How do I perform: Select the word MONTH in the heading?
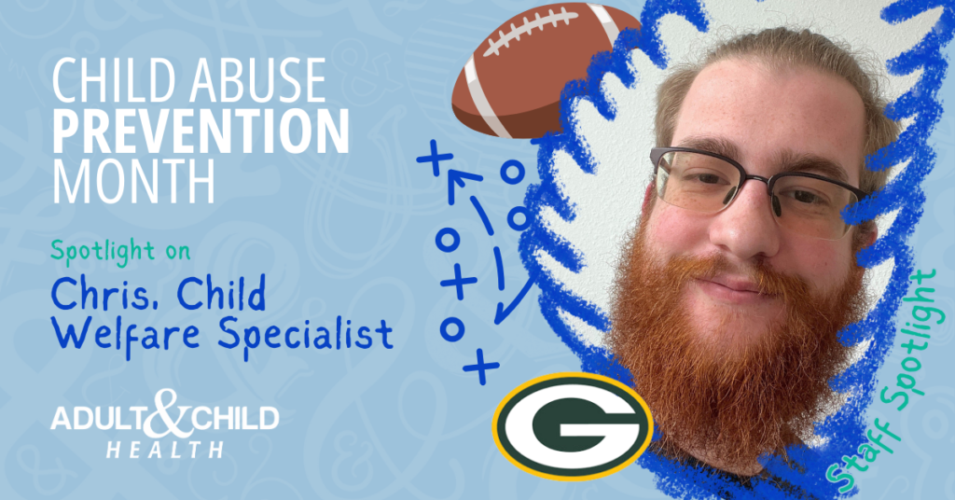(x=133, y=181)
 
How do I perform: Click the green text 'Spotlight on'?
(x=120, y=250)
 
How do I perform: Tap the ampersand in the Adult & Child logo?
(x=159, y=413)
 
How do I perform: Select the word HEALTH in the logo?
(x=165, y=450)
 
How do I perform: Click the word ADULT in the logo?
(x=97, y=419)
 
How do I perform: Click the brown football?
(x=546, y=70)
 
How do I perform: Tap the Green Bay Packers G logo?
(x=573, y=425)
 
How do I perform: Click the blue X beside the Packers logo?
(x=481, y=366)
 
